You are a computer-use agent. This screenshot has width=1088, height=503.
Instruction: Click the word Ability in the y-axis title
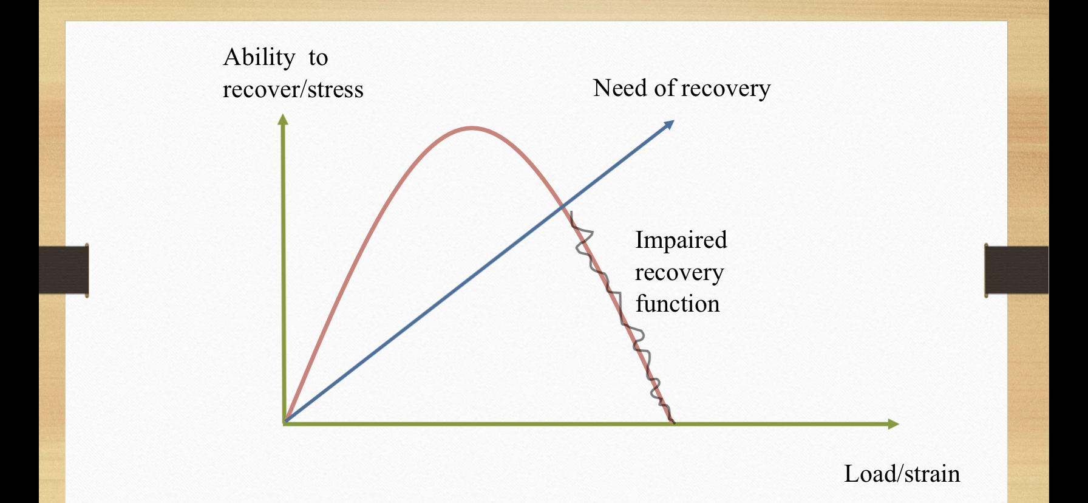[259, 58]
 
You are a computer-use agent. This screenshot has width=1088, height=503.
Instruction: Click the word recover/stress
[293, 89]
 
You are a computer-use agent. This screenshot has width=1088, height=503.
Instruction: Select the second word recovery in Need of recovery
[726, 89]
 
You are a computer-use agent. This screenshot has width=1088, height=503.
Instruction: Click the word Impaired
[681, 240]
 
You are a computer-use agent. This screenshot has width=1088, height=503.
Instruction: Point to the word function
[678, 303]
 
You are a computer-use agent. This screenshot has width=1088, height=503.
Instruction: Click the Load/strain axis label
[902, 474]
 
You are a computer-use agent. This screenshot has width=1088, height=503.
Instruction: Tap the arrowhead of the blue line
[668, 125]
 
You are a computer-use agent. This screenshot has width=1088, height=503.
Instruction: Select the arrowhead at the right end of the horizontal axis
[893, 424]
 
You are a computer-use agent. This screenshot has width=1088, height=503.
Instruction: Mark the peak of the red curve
[472, 128]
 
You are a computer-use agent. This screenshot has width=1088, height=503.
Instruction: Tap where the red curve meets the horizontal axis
[672, 422]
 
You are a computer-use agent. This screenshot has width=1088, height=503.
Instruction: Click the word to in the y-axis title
[318, 58]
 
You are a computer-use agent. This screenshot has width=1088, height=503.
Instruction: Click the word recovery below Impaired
[679, 273]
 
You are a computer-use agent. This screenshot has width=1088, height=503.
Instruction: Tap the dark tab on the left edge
[64, 270]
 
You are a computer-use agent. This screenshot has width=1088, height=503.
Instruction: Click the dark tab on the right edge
[1016, 270]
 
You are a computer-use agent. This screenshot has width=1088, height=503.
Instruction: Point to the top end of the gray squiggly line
[571, 211]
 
